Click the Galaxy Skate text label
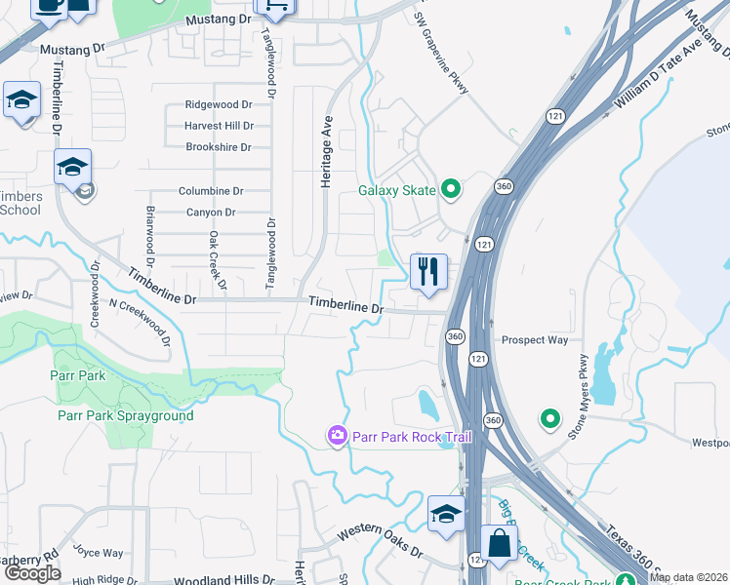[x=396, y=190]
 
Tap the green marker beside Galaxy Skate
[x=450, y=189]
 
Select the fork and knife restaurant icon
[x=427, y=271]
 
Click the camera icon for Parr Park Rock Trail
[x=337, y=435]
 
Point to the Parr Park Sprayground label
[x=125, y=416]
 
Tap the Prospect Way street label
[x=535, y=340]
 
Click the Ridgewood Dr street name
[x=219, y=105]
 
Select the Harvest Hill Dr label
[x=219, y=126]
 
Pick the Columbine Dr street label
[x=211, y=191]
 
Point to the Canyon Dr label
[x=211, y=213]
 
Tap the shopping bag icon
[x=499, y=543]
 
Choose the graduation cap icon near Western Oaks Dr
[x=446, y=514]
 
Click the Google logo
[x=33, y=574]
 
